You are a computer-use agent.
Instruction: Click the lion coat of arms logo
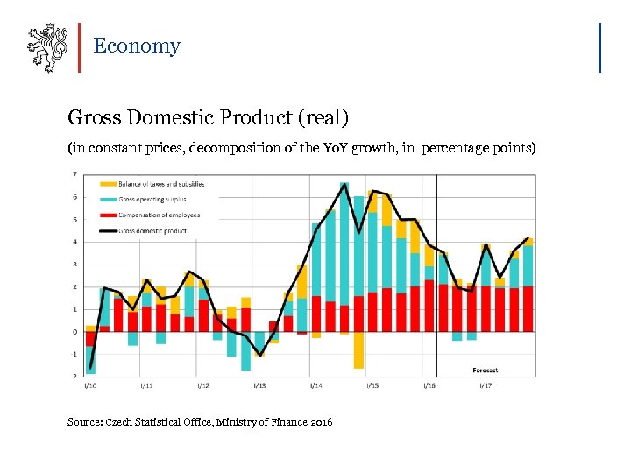click(46, 46)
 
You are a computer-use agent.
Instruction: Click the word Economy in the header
click(137, 46)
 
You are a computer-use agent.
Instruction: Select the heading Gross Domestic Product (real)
click(209, 116)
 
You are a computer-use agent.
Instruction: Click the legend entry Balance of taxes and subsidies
click(163, 184)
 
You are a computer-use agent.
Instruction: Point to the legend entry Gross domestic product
click(154, 231)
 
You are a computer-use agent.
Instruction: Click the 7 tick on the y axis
click(74, 174)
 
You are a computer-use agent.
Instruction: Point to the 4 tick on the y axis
click(74, 242)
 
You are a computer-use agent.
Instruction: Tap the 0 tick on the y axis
click(74, 332)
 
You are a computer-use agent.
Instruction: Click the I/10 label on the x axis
click(90, 385)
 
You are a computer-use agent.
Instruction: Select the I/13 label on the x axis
click(259, 385)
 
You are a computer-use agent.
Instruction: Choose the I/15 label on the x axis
click(372, 385)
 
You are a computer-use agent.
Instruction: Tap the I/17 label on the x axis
click(485, 385)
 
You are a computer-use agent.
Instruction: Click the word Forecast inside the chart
click(485, 371)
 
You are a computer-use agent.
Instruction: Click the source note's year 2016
click(320, 422)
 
